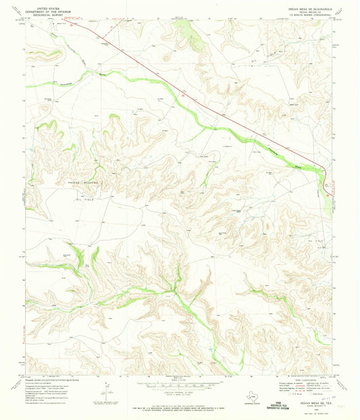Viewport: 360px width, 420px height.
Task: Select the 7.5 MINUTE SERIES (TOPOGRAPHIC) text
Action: (311, 14)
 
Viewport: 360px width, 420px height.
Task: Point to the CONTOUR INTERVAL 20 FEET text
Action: (180, 392)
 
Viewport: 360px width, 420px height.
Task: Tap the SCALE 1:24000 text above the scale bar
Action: (180, 379)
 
